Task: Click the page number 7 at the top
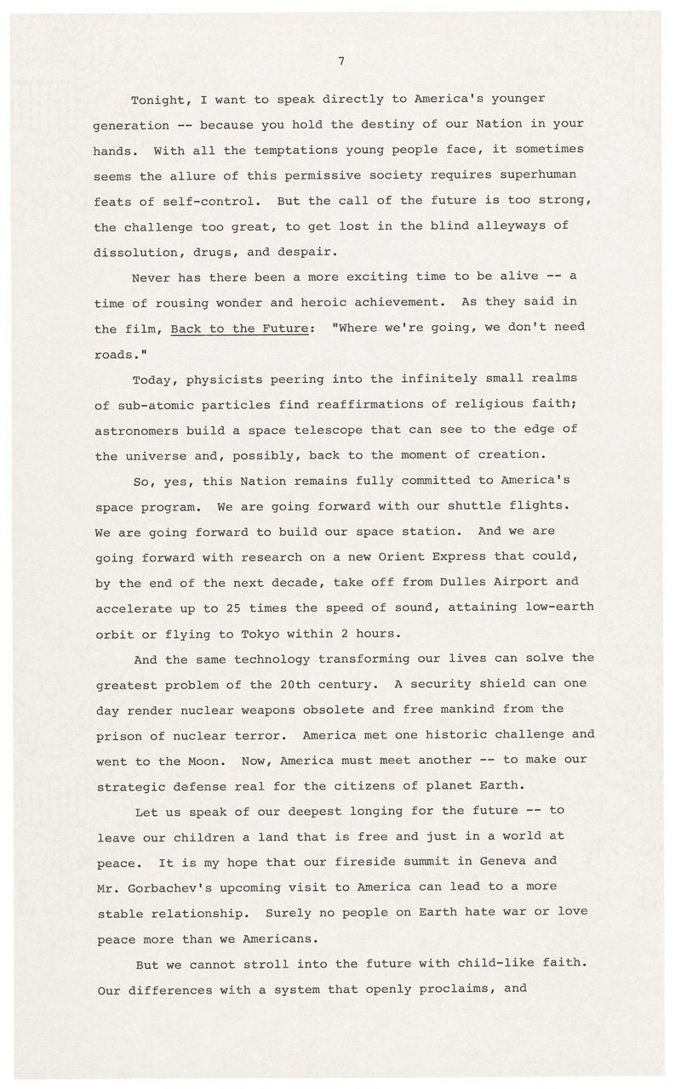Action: [340, 60]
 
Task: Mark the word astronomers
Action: [135, 429]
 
